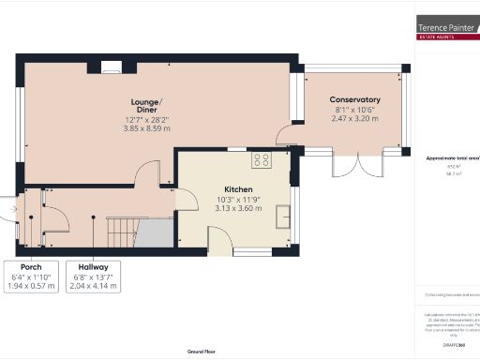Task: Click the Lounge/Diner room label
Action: point(146,105)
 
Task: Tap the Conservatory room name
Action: point(354,99)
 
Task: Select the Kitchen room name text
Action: point(235,189)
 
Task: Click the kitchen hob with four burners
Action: point(261,160)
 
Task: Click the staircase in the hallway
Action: point(125,230)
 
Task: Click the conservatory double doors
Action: point(346,165)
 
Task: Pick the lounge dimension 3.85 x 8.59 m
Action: point(146,128)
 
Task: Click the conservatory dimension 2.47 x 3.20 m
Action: point(354,119)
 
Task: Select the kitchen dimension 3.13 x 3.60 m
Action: point(235,209)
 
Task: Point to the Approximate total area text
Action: point(453,158)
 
